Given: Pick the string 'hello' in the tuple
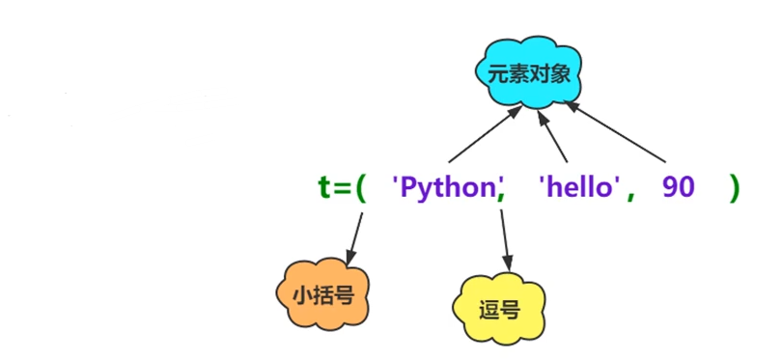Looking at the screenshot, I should click(x=578, y=187).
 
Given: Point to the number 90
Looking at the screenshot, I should click(x=679, y=187).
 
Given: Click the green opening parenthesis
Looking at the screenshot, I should click(x=360, y=187).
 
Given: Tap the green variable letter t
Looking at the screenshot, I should click(x=324, y=187).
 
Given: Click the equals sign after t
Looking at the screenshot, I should click(x=342, y=188).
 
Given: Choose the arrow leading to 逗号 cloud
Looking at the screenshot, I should click(x=505, y=236).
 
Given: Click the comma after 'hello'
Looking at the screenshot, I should click(x=631, y=193).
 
